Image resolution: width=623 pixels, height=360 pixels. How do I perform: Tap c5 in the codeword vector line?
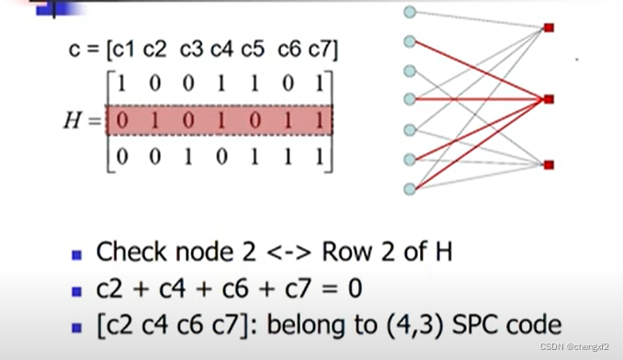point(253,50)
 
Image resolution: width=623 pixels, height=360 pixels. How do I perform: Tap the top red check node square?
point(549,28)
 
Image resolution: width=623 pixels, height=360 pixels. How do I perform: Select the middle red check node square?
point(549,98)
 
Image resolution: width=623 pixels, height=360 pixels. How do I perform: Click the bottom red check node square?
point(549,164)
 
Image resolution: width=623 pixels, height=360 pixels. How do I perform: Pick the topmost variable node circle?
point(410,12)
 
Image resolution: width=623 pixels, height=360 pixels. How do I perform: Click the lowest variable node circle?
point(410,189)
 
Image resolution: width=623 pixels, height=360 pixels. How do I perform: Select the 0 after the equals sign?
point(353,289)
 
